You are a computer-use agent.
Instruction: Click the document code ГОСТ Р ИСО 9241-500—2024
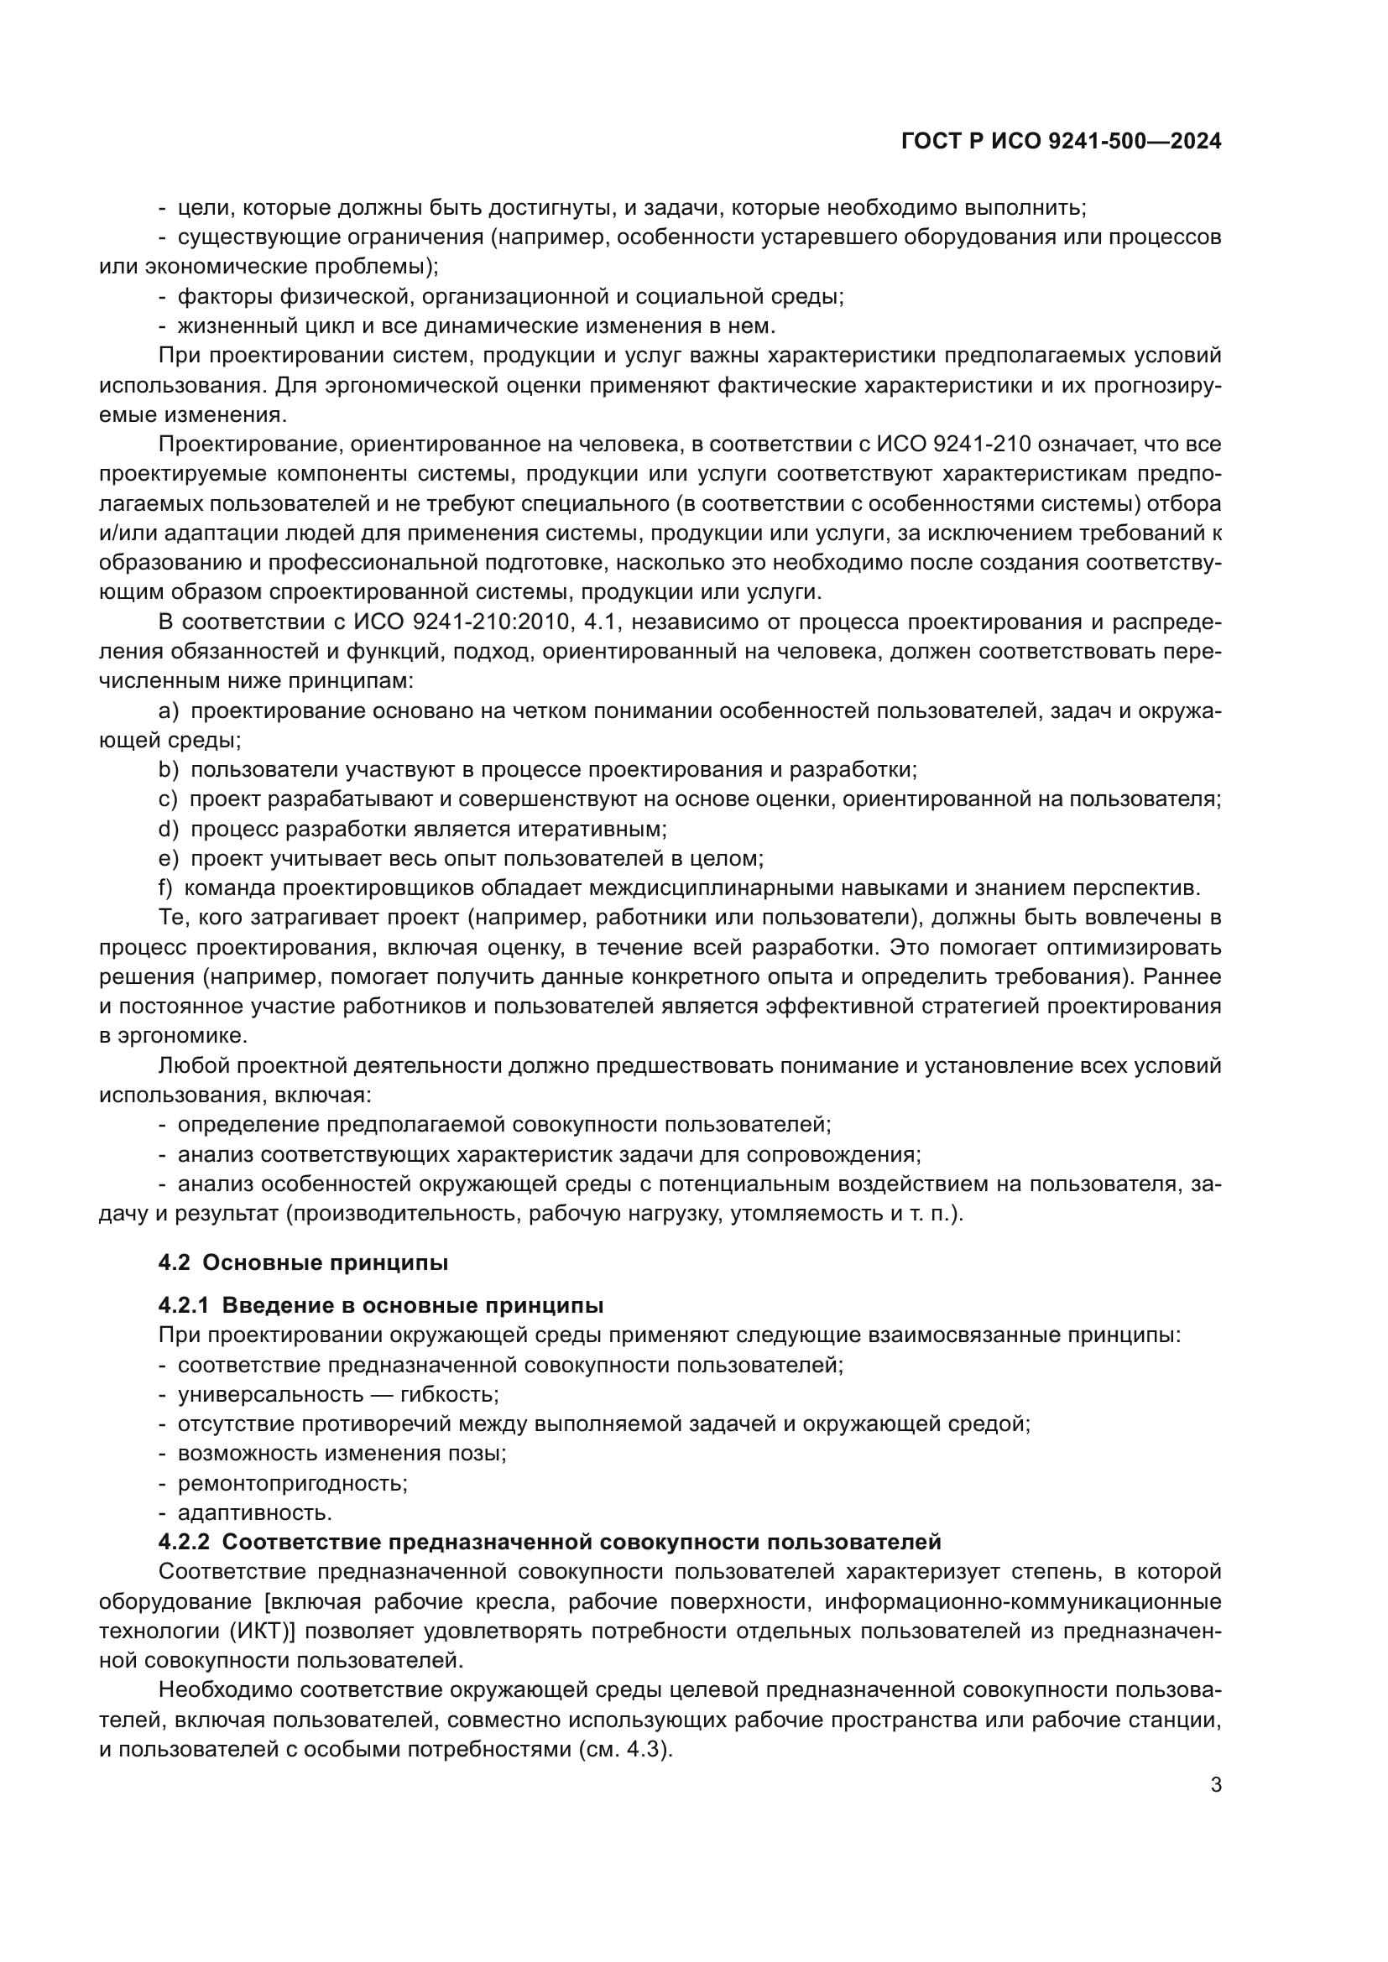point(1061,142)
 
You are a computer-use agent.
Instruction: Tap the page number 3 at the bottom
point(1215,1784)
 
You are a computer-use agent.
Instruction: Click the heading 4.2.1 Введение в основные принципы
point(381,1306)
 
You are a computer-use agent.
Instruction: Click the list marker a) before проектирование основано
point(169,711)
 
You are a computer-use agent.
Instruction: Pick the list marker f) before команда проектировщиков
point(166,887)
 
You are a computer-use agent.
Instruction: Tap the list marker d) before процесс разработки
point(169,829)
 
